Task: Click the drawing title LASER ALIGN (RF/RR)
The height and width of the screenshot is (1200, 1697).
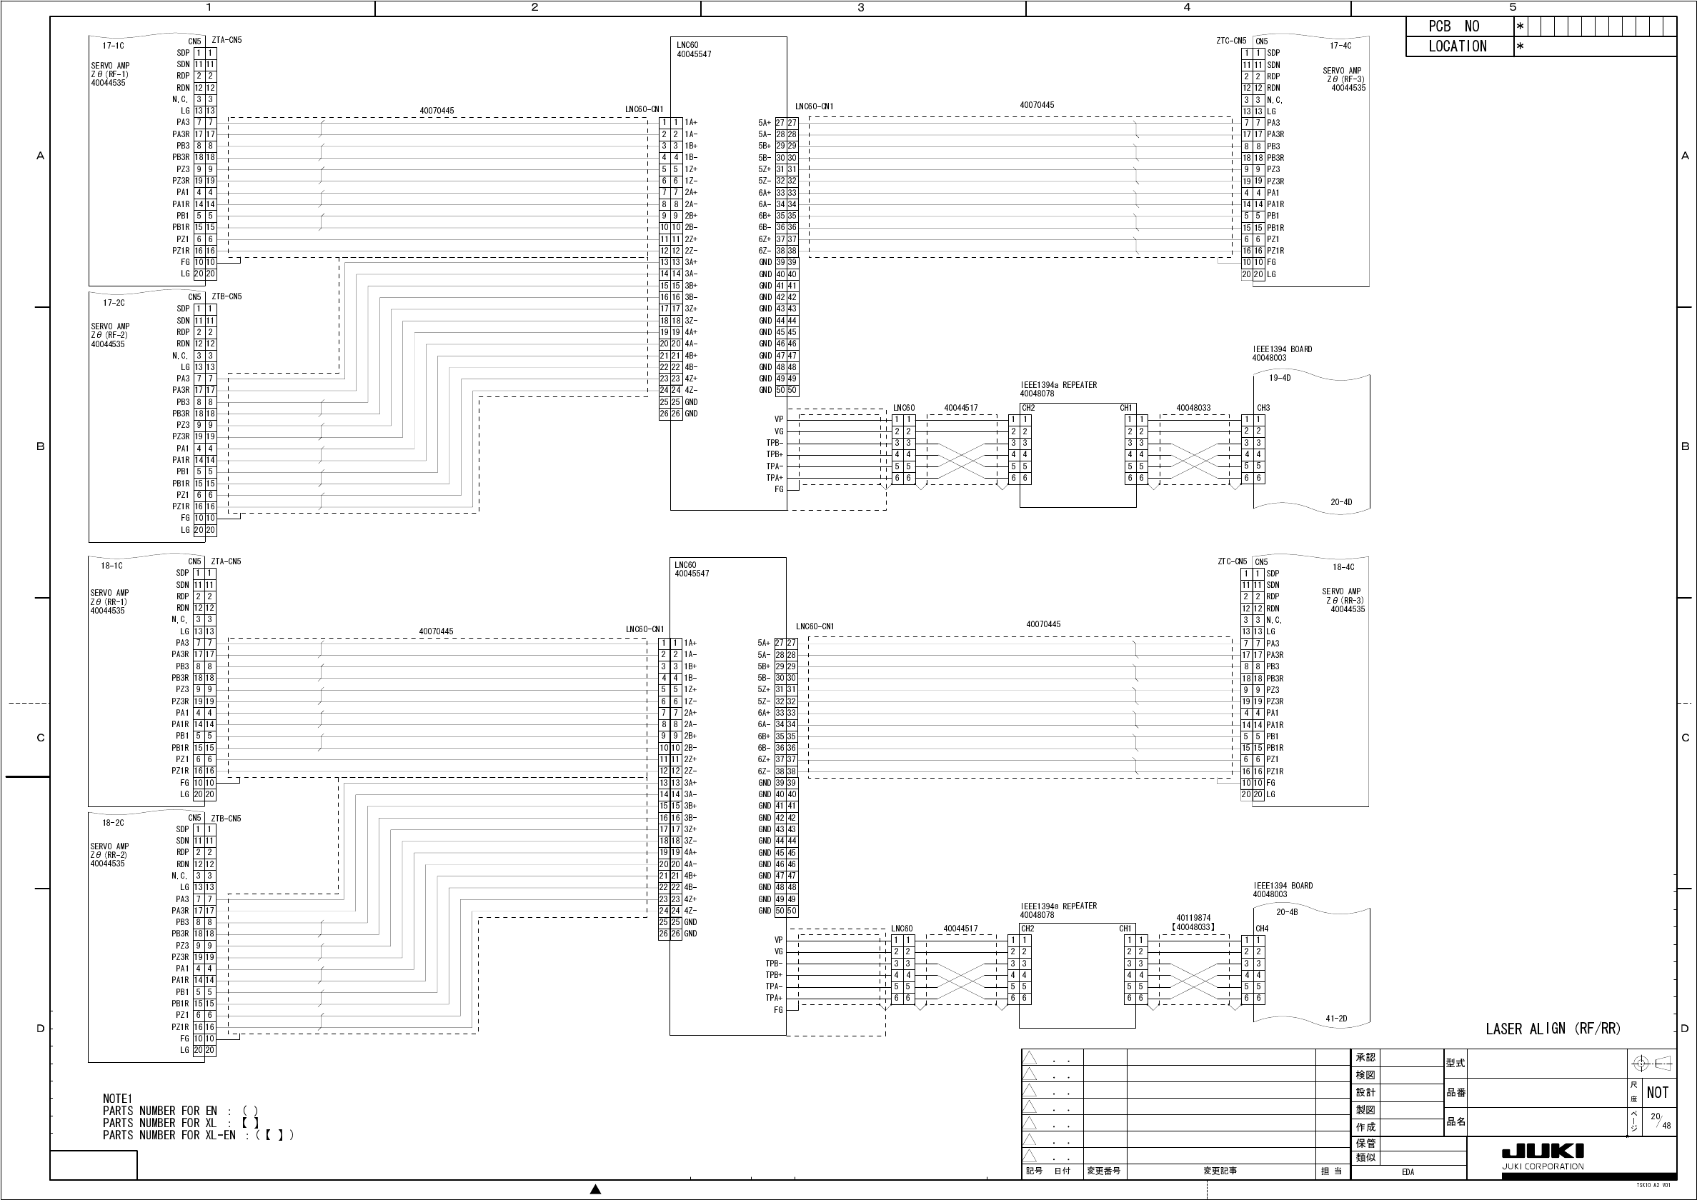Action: click(1553, 1029)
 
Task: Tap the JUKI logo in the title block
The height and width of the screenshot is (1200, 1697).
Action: click(1543, 1151)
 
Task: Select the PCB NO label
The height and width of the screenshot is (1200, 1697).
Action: click(1454, 26)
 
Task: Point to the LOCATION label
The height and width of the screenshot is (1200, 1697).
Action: click(1458, 46)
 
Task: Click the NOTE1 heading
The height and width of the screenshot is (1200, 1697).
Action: click(117, 1099)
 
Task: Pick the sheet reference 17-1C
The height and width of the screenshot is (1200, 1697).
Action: click(113, 46)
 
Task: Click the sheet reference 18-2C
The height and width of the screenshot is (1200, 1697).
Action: click(113, 822)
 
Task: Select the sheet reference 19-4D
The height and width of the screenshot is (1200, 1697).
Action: click(1280, 379)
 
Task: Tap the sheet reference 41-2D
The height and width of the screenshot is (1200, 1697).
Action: click(1335, 1019)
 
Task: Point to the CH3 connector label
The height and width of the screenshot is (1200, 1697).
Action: click(1263, 408)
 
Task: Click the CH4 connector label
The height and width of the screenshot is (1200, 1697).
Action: click(1262, 929)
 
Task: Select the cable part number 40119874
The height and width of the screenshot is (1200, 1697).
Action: click(1193, 918)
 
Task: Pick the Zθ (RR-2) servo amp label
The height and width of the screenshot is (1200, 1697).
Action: click(109, 855)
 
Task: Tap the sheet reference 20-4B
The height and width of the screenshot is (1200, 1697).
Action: click(1287, 912)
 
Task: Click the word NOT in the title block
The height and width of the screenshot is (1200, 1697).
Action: click(1657, 1093)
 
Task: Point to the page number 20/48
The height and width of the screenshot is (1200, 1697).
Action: click(1660, 1121)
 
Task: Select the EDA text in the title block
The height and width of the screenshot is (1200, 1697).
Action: click(1408, 1172)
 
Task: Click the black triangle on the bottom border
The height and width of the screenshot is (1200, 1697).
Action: click(596, 1189)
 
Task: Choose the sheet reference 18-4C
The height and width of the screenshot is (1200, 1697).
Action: click(1343, 567)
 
